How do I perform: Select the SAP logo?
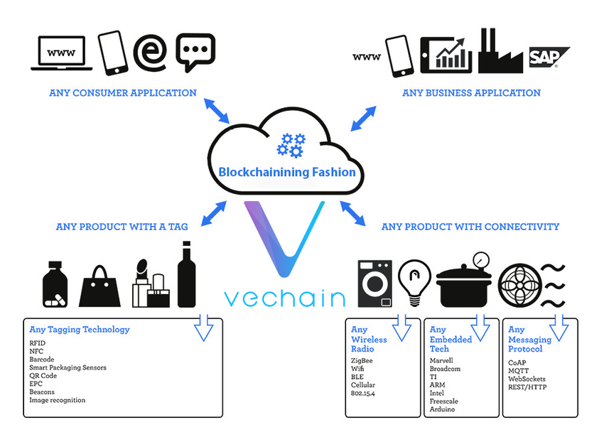click(x=549, y=58)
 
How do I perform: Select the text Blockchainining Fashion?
click(x=287, y=172)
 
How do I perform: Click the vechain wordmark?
click(x=284, y=297)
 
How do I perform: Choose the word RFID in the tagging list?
click(x=37, y=342)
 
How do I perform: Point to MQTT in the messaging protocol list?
click(x=520, y=370)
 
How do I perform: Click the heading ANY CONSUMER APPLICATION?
click(x=123, y=93)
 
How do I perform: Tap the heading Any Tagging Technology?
click(x=80, y=330)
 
